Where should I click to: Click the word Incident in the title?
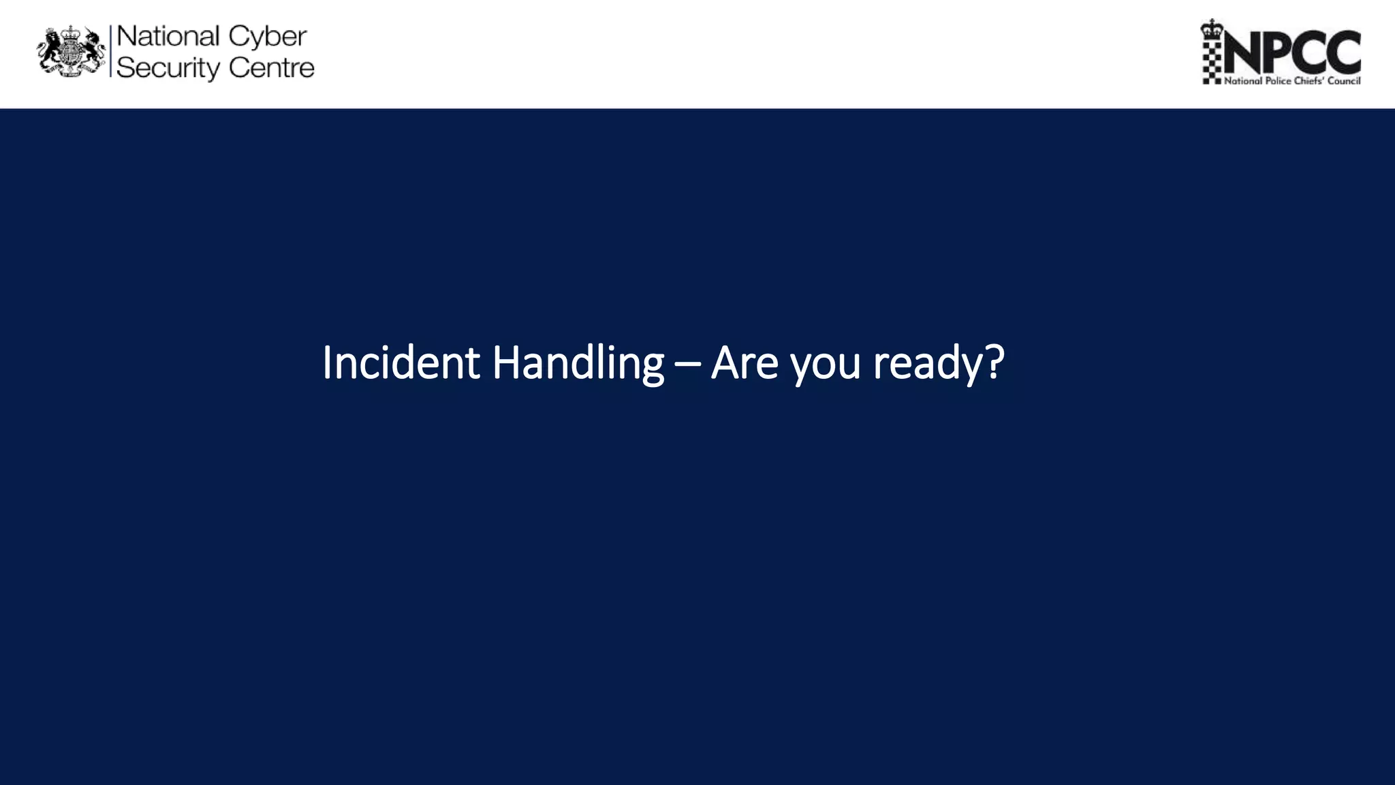(x=401, y=363)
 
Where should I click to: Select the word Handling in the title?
(x=577, y=363)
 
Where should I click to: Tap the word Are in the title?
(x=744, y=363)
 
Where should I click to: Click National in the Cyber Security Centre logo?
(x=168, y=36)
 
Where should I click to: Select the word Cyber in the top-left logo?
(x=268, y=37)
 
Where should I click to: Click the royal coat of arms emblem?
(x=71, y=51)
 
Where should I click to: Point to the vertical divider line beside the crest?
(x=110, y=51)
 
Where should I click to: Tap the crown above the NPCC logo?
(x=1212, y=28)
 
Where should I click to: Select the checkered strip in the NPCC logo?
(x=1212, y=61)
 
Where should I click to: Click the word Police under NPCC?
(x=1277, y=81)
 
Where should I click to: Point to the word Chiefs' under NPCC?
(x=1308, y=81)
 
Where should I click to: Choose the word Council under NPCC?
(x=1344, y=81)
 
